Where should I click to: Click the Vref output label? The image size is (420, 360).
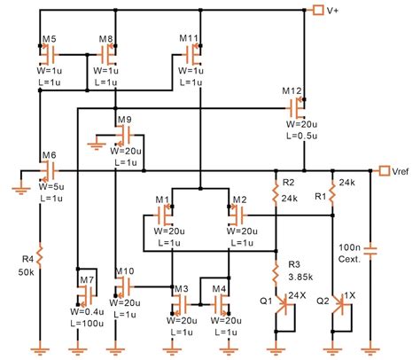point(403,170)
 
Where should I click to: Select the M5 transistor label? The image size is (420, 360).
point(49,40)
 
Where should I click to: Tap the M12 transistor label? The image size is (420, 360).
point(292,92)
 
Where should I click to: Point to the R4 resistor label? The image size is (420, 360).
point(28,259)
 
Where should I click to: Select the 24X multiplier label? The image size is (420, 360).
point(297,294)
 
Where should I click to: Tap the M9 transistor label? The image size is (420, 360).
point(124,119)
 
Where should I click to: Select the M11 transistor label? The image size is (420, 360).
point(188,40)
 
